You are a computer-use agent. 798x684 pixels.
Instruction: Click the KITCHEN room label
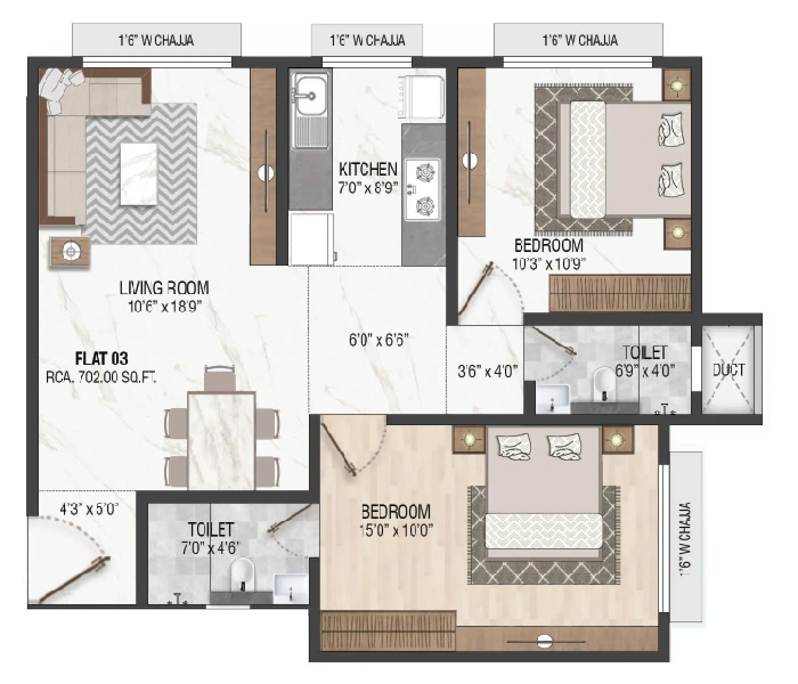[x=368, y=169]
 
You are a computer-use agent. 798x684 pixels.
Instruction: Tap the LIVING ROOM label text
[x=164, y=288]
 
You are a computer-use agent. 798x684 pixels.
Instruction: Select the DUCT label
[x=728, y=370]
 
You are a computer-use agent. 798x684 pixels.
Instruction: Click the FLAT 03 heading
[x=101, y=359]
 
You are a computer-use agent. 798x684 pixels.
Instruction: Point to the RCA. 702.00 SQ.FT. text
[x=101, y=377]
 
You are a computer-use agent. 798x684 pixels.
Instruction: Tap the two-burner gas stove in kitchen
[x=423, y=189]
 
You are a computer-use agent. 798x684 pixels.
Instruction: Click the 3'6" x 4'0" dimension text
[x=487, y=372]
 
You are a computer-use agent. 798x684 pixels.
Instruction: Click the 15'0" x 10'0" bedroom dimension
[x=397, y=530]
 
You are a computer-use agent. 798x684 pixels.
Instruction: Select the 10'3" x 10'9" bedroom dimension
[x=549, y=263]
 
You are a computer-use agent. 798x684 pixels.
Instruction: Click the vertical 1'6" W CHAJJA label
[x=685, y=538]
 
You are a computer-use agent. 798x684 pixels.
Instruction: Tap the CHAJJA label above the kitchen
[x=367, y=40]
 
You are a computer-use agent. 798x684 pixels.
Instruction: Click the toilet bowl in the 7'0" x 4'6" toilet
[x=243, y=572]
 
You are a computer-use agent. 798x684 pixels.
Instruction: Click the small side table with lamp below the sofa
[x=70, y=251]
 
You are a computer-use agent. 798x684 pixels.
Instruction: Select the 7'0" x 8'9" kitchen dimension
[x=368, y=188]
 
